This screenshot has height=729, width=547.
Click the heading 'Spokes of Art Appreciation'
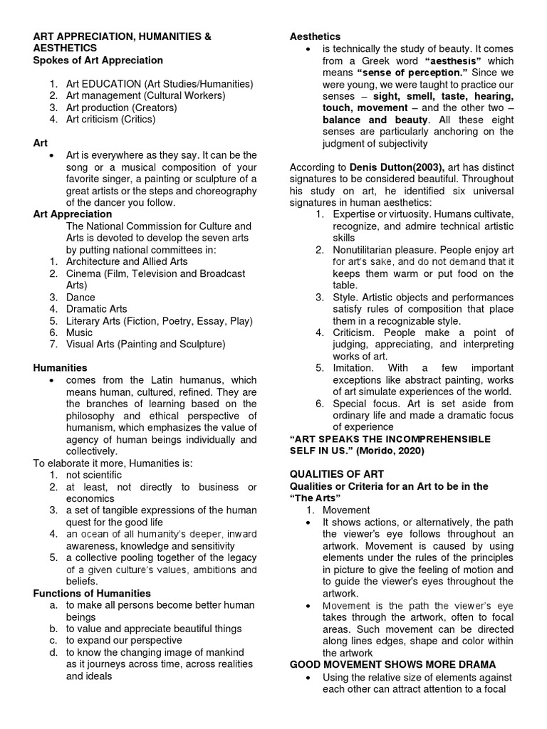(98, 61)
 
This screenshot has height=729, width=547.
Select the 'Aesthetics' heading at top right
(315, 36)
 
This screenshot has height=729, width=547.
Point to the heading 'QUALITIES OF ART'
(337, 474)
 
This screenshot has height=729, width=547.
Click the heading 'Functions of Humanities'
(92, 593)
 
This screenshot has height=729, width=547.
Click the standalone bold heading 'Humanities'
(61, 368)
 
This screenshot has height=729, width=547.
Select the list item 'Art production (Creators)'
(121, 107)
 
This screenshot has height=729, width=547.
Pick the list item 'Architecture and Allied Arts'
(127, 261)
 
